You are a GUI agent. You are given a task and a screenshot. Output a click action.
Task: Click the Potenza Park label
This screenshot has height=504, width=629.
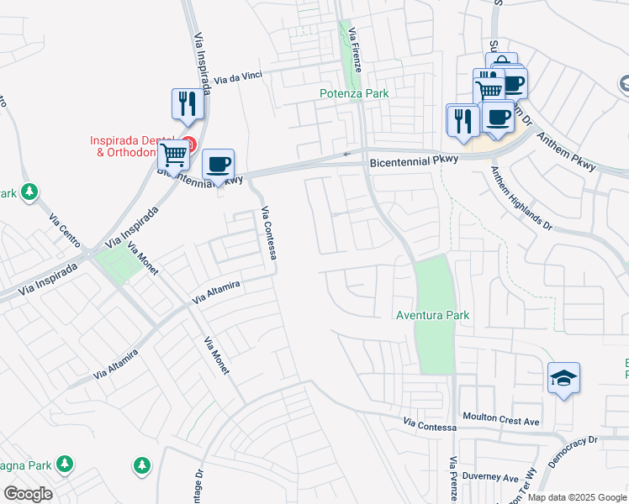click(x=354, y=93)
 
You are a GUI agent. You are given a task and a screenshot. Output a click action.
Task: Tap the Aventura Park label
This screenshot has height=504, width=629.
click(x=432, y=315)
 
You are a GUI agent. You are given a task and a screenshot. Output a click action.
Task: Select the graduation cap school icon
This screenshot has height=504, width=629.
click(x=563, y=377)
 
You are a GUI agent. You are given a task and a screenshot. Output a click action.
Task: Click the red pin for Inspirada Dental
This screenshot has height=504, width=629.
click(x=190, y=144)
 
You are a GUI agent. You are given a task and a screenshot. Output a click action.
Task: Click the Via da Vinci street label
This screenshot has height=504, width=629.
click(x=239, y=78)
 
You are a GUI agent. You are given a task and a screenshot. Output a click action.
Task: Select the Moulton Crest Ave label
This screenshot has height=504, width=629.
click(x=501, y=418)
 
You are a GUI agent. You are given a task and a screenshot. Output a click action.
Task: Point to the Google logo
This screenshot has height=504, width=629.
click(x=28, y=494)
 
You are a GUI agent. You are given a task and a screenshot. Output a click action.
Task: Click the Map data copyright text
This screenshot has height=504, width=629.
click(x=577, y=497)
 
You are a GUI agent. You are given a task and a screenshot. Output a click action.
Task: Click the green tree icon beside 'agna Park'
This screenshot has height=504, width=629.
click(x=64, y=465)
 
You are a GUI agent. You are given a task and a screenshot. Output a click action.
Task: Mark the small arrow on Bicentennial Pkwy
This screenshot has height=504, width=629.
click(x=346, y=154)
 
